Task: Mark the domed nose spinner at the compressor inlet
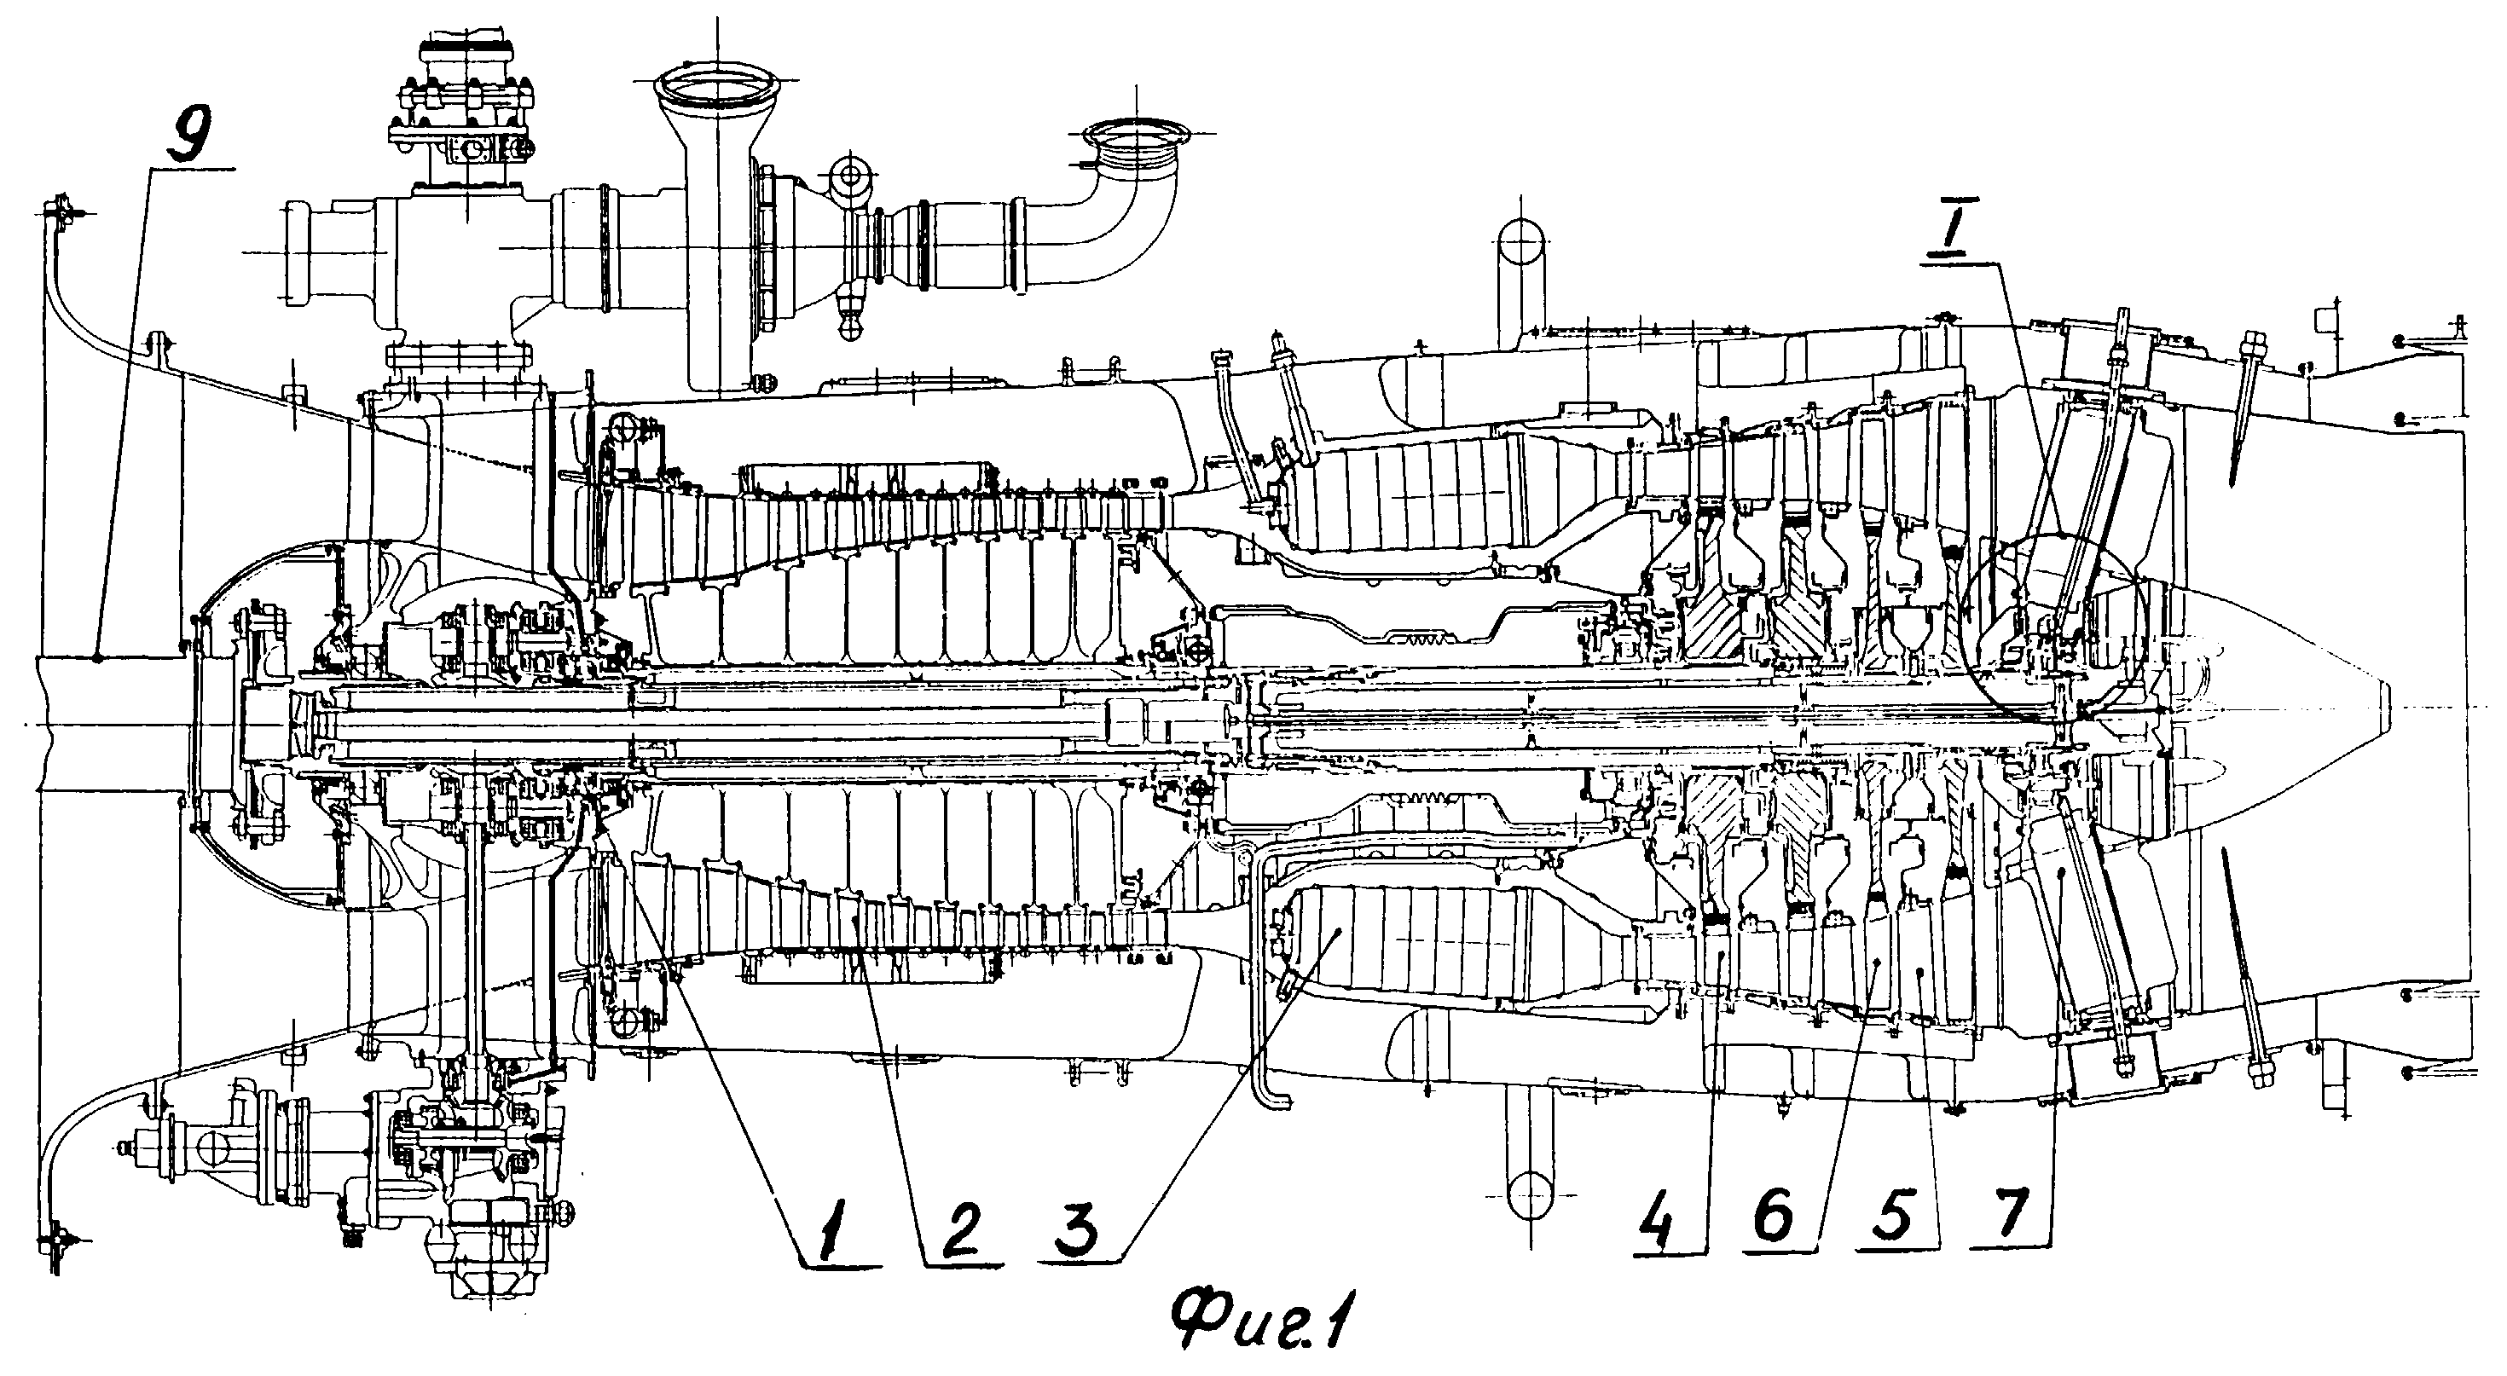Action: [x=263, y=720]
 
